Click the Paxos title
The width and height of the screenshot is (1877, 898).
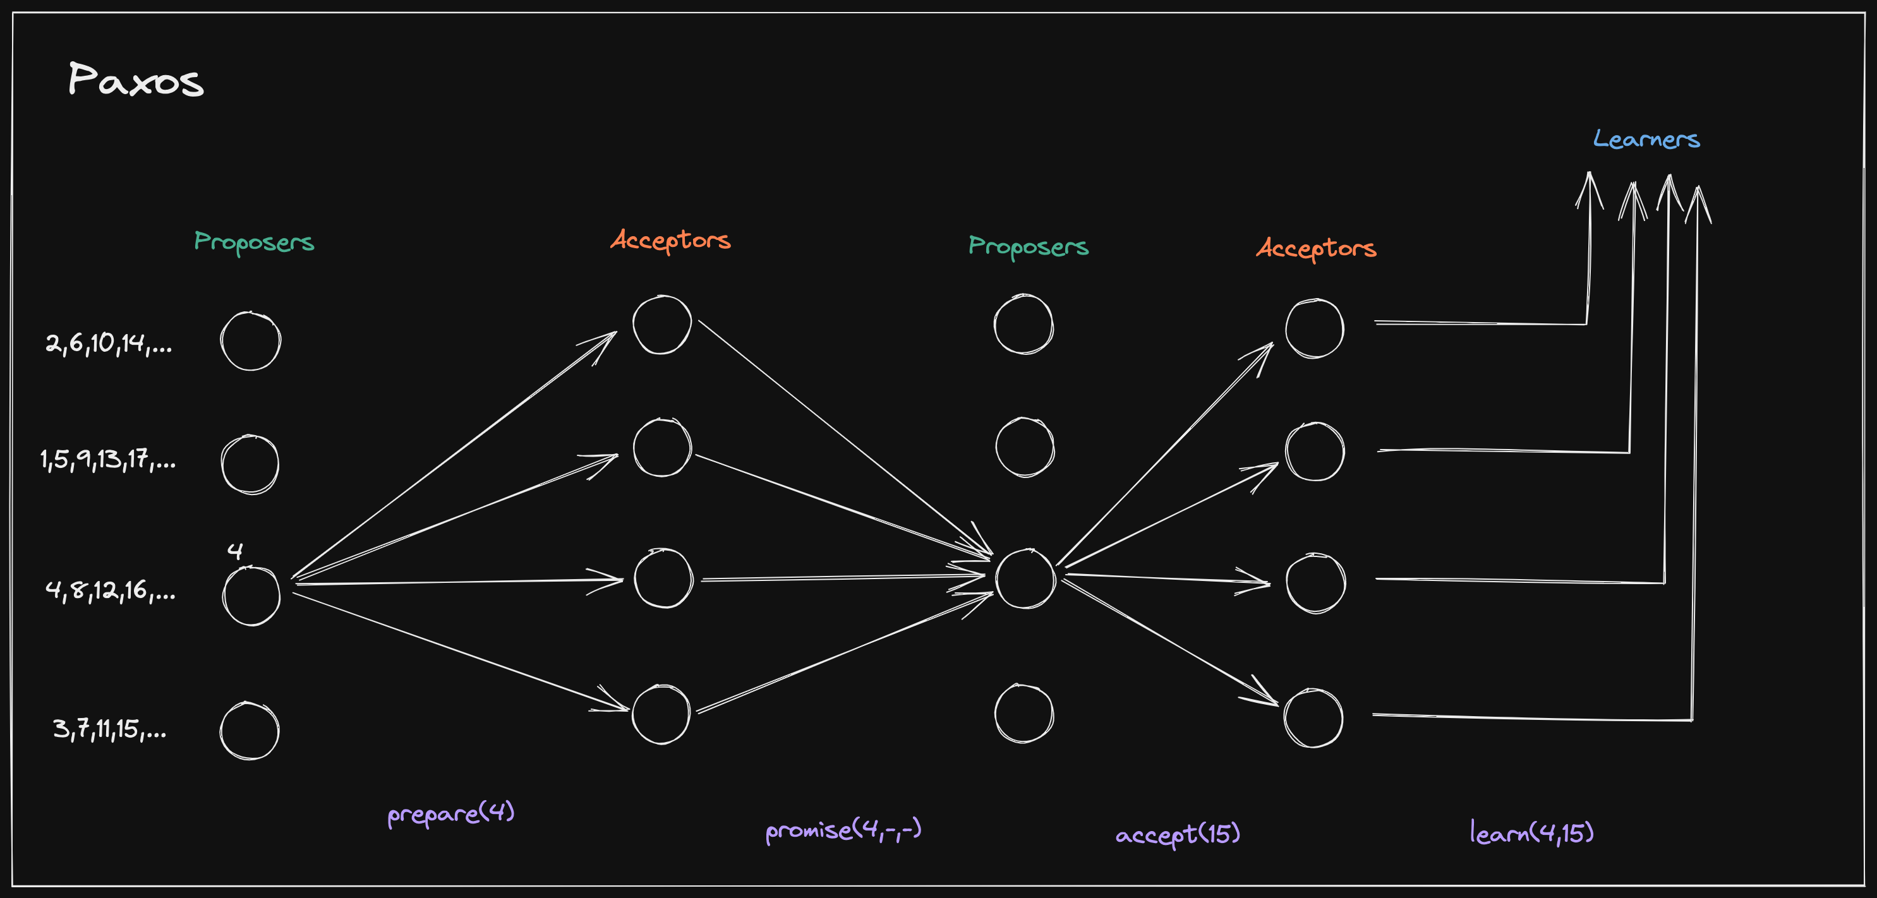click(136, 80)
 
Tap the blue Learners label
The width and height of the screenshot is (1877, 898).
click(1646, 138)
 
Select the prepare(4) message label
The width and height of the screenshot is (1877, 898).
click(451, 813)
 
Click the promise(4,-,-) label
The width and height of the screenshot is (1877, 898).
click(843, 830)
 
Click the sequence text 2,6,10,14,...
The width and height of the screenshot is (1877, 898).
click(109, 343)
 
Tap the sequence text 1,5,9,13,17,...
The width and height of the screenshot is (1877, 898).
click(108, 460)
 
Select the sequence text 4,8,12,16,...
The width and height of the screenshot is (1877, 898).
click(110, 590)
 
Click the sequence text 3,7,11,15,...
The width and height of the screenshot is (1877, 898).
click(109, 728)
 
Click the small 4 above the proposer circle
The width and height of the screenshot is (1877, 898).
click(234, 551)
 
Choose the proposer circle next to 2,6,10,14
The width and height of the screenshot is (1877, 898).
click(251, 341)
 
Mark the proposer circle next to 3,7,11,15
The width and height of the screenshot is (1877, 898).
click(249, 731)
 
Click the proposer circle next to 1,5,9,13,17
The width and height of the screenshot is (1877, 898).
click(250, 464)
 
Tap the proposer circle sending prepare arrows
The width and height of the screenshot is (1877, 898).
click(251, 596)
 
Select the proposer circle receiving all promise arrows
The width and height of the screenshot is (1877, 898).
click(1025, 579)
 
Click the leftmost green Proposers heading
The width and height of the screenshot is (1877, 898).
click(253, 242)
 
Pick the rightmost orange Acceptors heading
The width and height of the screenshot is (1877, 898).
click(1316, 248)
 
